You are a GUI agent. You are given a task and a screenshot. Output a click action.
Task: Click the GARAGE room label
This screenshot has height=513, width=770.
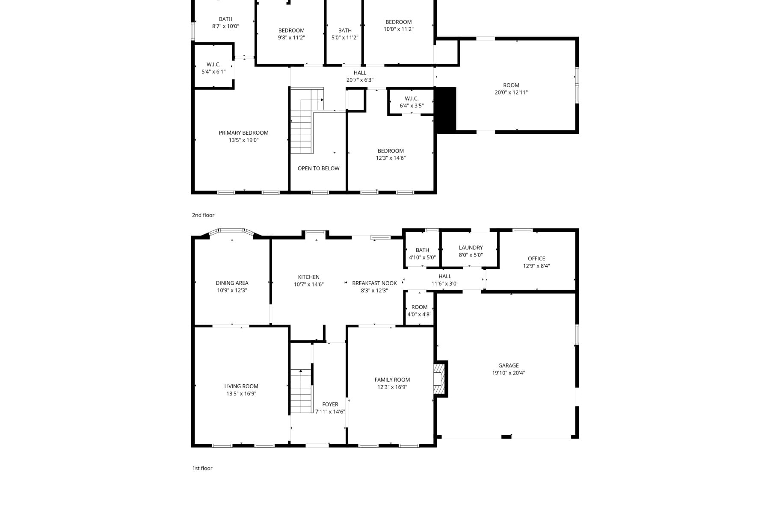508,366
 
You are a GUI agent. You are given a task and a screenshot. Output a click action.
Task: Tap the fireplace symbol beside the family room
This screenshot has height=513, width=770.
439,379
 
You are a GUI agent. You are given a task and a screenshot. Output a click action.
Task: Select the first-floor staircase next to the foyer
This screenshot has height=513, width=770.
301,391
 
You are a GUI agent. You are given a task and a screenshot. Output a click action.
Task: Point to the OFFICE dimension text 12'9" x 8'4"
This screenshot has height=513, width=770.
536,266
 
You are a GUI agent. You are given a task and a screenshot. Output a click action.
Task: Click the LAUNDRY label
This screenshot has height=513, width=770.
471,248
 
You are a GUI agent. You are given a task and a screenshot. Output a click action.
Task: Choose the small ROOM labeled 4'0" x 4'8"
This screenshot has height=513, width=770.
419,310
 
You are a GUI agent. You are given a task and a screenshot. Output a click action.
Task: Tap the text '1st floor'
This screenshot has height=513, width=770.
202,468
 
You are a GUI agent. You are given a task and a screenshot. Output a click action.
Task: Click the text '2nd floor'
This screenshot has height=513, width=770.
203,215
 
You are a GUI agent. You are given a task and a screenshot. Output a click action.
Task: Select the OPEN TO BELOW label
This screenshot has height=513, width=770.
318,168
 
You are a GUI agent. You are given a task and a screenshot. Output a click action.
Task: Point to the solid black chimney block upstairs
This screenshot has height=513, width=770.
446,110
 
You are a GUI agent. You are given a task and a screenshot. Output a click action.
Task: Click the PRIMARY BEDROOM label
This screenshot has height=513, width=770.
243,133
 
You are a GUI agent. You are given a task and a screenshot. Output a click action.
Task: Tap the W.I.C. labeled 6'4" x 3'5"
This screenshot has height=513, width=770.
412,102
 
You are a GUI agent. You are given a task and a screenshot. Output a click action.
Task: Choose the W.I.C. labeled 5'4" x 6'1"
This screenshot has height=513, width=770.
213,68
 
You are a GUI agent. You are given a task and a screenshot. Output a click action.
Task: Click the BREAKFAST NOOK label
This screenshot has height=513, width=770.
374,283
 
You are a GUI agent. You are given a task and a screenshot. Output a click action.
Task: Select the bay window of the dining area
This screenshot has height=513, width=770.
231,231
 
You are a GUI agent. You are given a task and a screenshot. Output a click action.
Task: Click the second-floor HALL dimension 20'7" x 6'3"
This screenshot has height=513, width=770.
360,80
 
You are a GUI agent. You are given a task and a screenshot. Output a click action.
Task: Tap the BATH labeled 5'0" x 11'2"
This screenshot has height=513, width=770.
345,34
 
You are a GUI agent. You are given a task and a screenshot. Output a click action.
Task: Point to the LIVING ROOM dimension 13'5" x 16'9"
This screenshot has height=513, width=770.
241,394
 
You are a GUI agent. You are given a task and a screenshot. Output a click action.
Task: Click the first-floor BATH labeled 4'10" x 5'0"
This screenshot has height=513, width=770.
422,254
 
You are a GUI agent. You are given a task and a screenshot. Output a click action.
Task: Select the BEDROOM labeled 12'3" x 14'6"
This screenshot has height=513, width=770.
391,154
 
